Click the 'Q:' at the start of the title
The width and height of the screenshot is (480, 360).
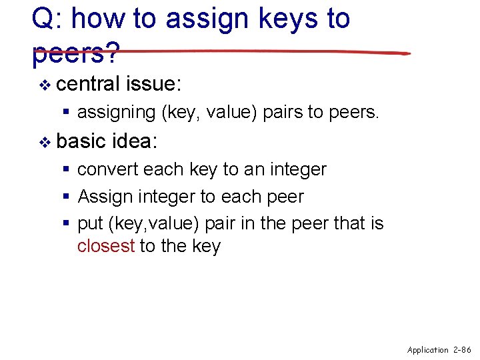coord(46,19)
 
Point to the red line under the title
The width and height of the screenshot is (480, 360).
coord(267,52)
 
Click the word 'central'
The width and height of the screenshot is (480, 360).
coord(88,84)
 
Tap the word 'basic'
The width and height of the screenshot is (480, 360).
coord(81,141)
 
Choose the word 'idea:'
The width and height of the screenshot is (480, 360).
coord(135,141)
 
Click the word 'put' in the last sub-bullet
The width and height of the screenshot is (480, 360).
coord(88,224)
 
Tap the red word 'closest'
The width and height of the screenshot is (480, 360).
coord(106,246)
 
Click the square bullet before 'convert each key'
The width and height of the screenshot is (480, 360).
coord(67,170)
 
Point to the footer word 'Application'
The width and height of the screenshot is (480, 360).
coord(428,349)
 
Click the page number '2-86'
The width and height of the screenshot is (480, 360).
coord(462,349)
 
